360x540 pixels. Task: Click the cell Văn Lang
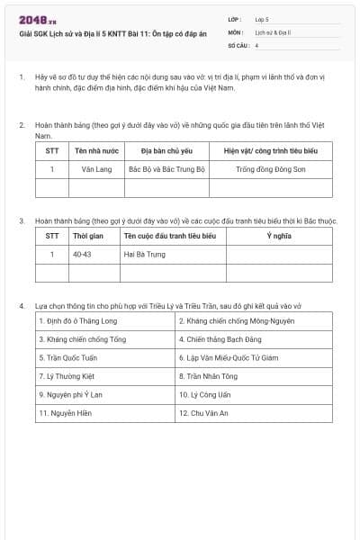click(94, 168)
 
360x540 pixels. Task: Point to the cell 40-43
click(83, 254)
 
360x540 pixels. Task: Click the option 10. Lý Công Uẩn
click(203, 394)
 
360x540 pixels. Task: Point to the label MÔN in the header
click(237, 31)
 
